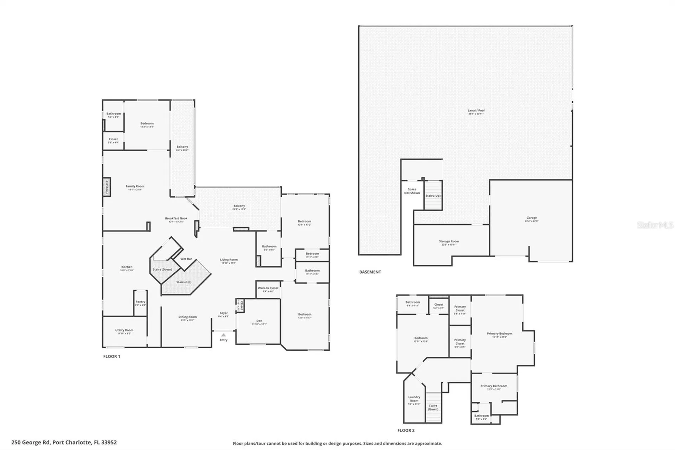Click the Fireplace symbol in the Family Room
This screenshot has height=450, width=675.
pos(107,187)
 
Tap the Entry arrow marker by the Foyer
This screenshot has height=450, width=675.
pos(224,335)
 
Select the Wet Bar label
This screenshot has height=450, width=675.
pos(186,259)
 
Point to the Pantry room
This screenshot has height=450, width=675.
pos(140,303)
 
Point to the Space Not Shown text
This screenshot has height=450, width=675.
pos(412,191)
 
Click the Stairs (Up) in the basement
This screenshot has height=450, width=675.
pos(433,196)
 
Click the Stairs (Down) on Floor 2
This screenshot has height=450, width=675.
pos(433,407)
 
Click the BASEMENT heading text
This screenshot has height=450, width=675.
pos(370,272)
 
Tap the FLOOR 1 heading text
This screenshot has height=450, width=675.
pos(111,356)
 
